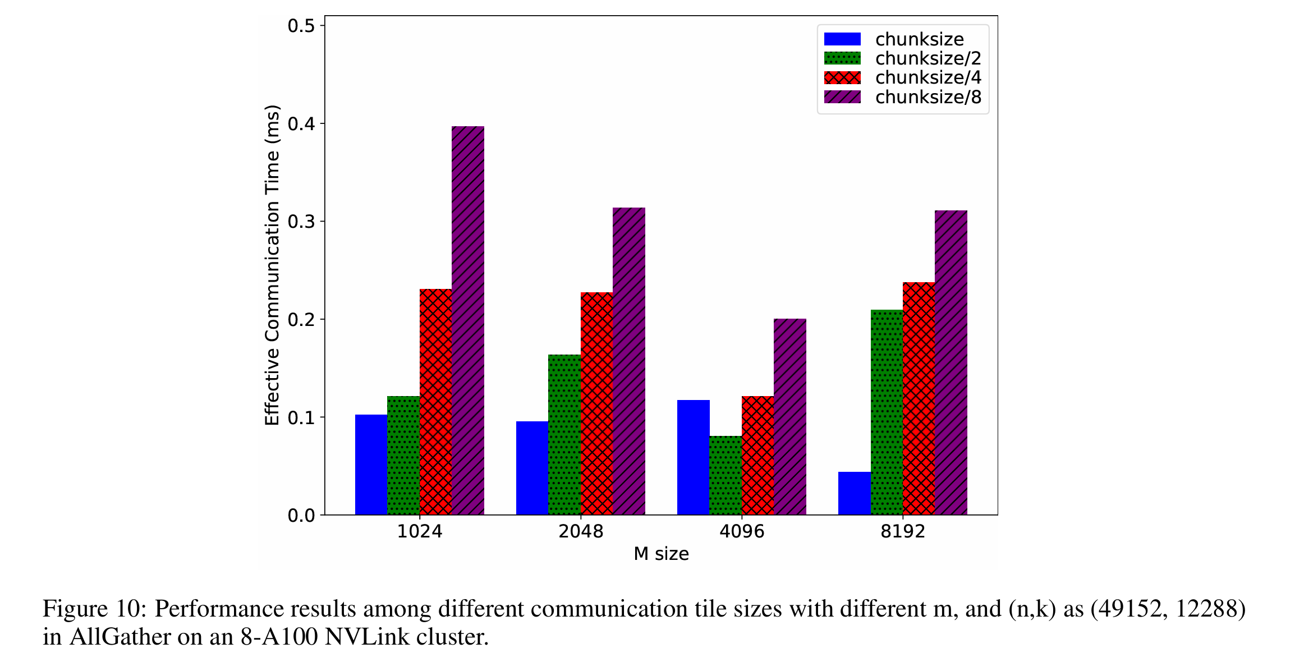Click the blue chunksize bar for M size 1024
[371, 465]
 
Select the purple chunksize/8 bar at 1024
[468, 320]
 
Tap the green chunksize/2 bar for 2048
[564, 434]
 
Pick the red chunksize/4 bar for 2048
[596, 403]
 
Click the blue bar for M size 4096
[693, 457]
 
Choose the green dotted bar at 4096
[725, 475]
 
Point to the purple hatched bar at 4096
[789, 416]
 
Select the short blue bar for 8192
[854, 493]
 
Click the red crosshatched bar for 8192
[919, 398]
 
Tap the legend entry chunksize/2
[928, 58]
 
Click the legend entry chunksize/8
[928, 97]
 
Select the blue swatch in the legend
[842, 39]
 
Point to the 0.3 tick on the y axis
[301, 222]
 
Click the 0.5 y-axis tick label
[301, 26]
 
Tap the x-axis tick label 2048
[581, 531]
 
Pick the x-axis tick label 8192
[902, 531]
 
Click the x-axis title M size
[661, 554]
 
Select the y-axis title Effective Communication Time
[272, 265]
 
